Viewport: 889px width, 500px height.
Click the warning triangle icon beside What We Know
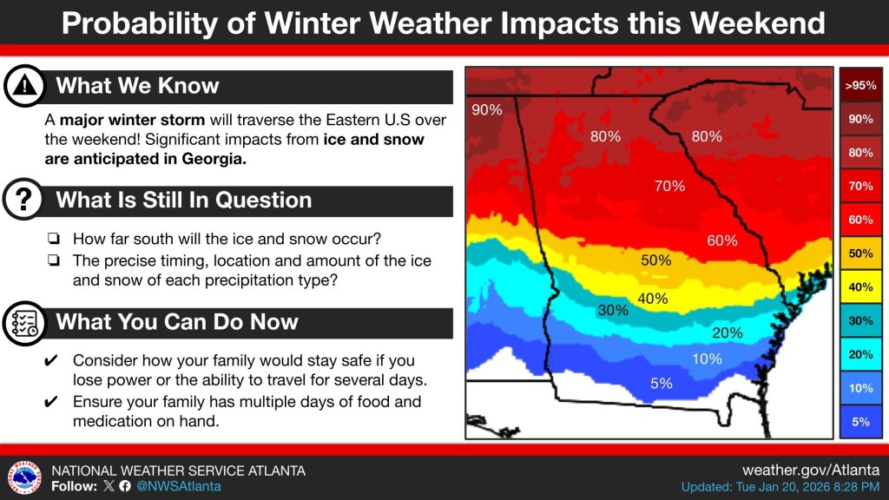[25, 86]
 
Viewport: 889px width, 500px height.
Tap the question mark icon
[25, 201]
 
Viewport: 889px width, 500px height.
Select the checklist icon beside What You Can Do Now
[25, 322]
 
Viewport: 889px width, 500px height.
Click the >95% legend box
[859, 85]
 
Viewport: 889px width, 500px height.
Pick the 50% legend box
[859, 253]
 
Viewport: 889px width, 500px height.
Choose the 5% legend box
[859, 422]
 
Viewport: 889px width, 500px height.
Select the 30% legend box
[859, 321]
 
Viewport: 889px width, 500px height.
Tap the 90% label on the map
[486, 110]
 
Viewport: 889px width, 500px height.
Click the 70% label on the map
[669, 186]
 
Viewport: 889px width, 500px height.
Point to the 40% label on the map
[653, 299]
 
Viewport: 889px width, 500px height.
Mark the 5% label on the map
[662, 383]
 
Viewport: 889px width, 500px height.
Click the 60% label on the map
[721, 240]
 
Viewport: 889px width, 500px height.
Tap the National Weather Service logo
[24, 477]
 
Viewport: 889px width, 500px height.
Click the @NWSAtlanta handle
[180, 486]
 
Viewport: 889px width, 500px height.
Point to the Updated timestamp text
[780, 487]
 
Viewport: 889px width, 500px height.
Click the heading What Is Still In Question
[183, 201]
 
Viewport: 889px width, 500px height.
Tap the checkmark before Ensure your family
[51, 402]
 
